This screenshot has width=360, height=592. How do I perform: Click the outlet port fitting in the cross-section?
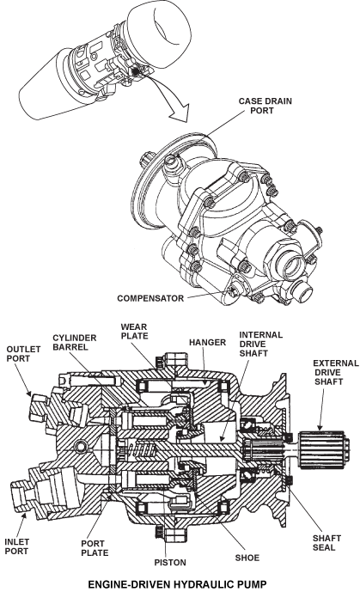[x=40, y=404]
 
